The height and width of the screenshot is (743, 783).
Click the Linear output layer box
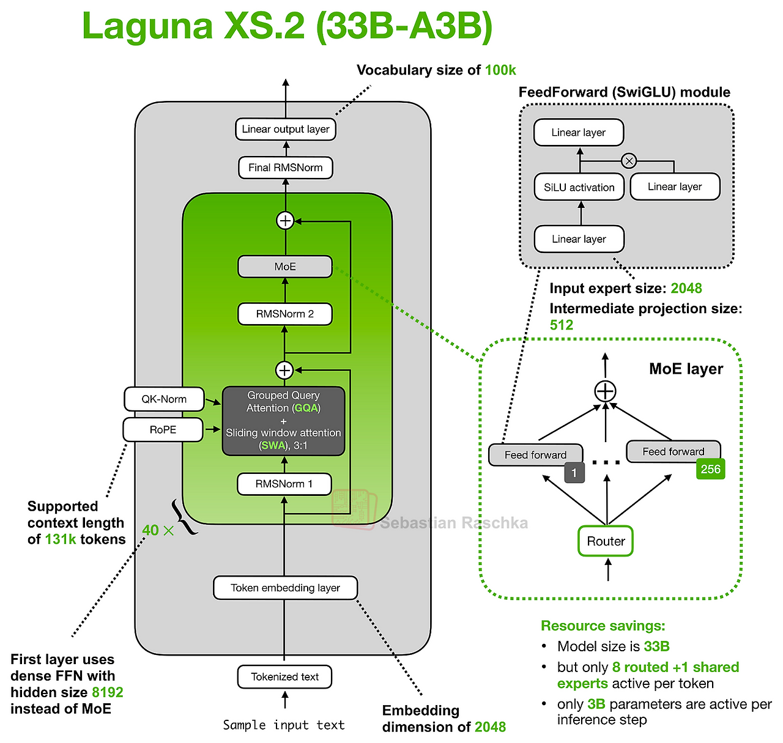[x=285, y=129]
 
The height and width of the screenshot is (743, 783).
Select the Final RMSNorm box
[x=285, y=168]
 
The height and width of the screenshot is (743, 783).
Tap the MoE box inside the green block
[x=285, y=267]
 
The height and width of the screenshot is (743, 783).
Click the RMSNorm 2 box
[x=285, y=314]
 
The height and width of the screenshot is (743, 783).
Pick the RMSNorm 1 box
[x=284, y=484]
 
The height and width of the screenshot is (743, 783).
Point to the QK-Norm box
[x=164, y=399]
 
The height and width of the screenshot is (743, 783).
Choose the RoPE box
[x=163, y=430]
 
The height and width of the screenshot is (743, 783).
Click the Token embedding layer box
[x=285, y=588]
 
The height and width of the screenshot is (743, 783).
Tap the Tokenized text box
[x=284, y=676]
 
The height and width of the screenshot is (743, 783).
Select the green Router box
[x=606, y=541]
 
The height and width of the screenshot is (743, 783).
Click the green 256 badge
[x=711, y=469]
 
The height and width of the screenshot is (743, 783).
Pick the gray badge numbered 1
[x=574, y=473]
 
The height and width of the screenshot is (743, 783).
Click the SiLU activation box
[x=579, y=187]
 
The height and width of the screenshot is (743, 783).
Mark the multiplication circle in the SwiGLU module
[x=629, y=161]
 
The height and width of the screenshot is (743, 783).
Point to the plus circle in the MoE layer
[x=605, y=391]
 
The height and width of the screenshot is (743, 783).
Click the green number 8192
[x=108, y=692]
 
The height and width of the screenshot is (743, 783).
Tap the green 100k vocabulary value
[x=500, y=70]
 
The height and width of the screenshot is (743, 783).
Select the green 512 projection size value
[x=562, y=325]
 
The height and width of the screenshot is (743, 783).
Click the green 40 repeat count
[x=150, y=530]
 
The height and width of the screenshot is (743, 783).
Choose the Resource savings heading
[x=603, y=626]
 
